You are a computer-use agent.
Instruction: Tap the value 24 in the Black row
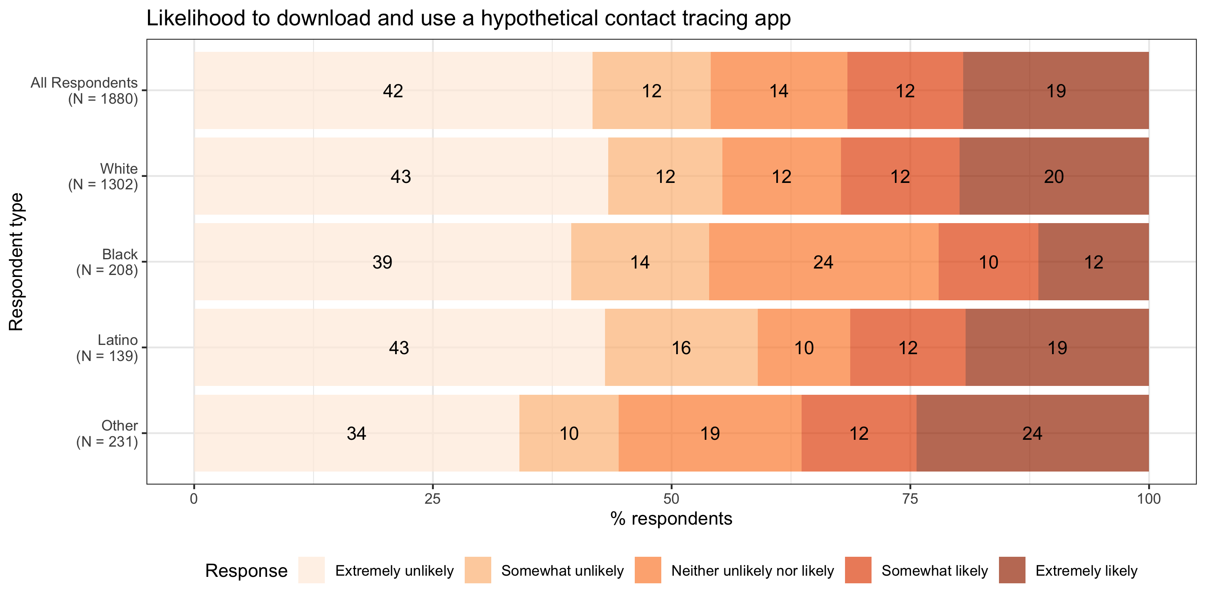click(x=823, y=262)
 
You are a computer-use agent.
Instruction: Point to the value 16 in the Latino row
click(x=681, y=348)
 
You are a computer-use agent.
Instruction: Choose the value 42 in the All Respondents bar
click(x=393, y=91)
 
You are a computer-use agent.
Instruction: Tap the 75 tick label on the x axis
click(x=910, y=499)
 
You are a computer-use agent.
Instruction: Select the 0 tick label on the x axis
click(x=194, y=499)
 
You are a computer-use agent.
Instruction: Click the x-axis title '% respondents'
click(x=671, y=519)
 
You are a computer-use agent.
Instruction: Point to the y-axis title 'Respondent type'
click(x=16, y=262)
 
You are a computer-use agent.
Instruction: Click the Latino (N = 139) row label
click(x=107, y=348)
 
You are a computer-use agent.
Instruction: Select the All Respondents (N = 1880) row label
click(x=84, y=91)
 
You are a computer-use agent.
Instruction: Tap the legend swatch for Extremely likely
click(x=1012, y=570)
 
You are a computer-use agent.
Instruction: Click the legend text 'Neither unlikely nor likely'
click(x=753, y=571)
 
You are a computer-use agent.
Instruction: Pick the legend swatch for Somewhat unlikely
click(x=478, y=570)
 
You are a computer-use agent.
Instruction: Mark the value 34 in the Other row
click(x=356, y=433)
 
